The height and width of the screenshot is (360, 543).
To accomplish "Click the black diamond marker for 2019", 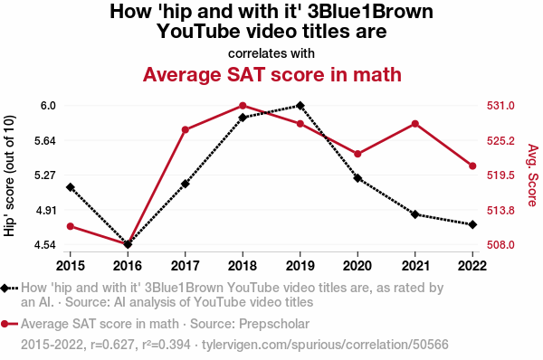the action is point(300,106).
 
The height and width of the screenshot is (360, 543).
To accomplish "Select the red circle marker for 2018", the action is point(243,106).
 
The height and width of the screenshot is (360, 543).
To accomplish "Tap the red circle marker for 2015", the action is point(71,226).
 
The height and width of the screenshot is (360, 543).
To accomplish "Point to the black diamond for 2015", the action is point(71,187).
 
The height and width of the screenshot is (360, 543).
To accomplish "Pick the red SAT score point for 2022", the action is point(472,166).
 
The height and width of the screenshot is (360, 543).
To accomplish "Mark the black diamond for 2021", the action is point(415,214).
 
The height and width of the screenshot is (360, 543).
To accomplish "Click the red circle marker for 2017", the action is point(186,130).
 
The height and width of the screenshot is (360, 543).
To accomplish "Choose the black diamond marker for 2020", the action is point(357,178).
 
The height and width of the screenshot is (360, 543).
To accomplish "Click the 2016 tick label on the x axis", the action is point(128,266).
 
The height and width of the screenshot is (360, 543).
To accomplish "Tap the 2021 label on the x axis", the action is point(415,266).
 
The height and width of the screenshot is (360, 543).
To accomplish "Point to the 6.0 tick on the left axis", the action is point(48,106).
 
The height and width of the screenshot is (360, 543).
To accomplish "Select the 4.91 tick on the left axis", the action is point(45,211).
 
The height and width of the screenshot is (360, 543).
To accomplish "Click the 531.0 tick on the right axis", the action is point(500,106).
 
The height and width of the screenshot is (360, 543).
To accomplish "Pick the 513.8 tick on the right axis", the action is point(500,211).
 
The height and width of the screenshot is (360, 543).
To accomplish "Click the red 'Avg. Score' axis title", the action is point(533,175).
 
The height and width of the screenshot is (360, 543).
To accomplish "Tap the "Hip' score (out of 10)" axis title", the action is point(9,175).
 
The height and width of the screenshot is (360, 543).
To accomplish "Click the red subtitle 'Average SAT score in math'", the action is point(271,74).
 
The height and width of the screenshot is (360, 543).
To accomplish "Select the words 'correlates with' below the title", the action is point(271,53).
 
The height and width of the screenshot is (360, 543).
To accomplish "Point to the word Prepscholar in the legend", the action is point(274,324).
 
